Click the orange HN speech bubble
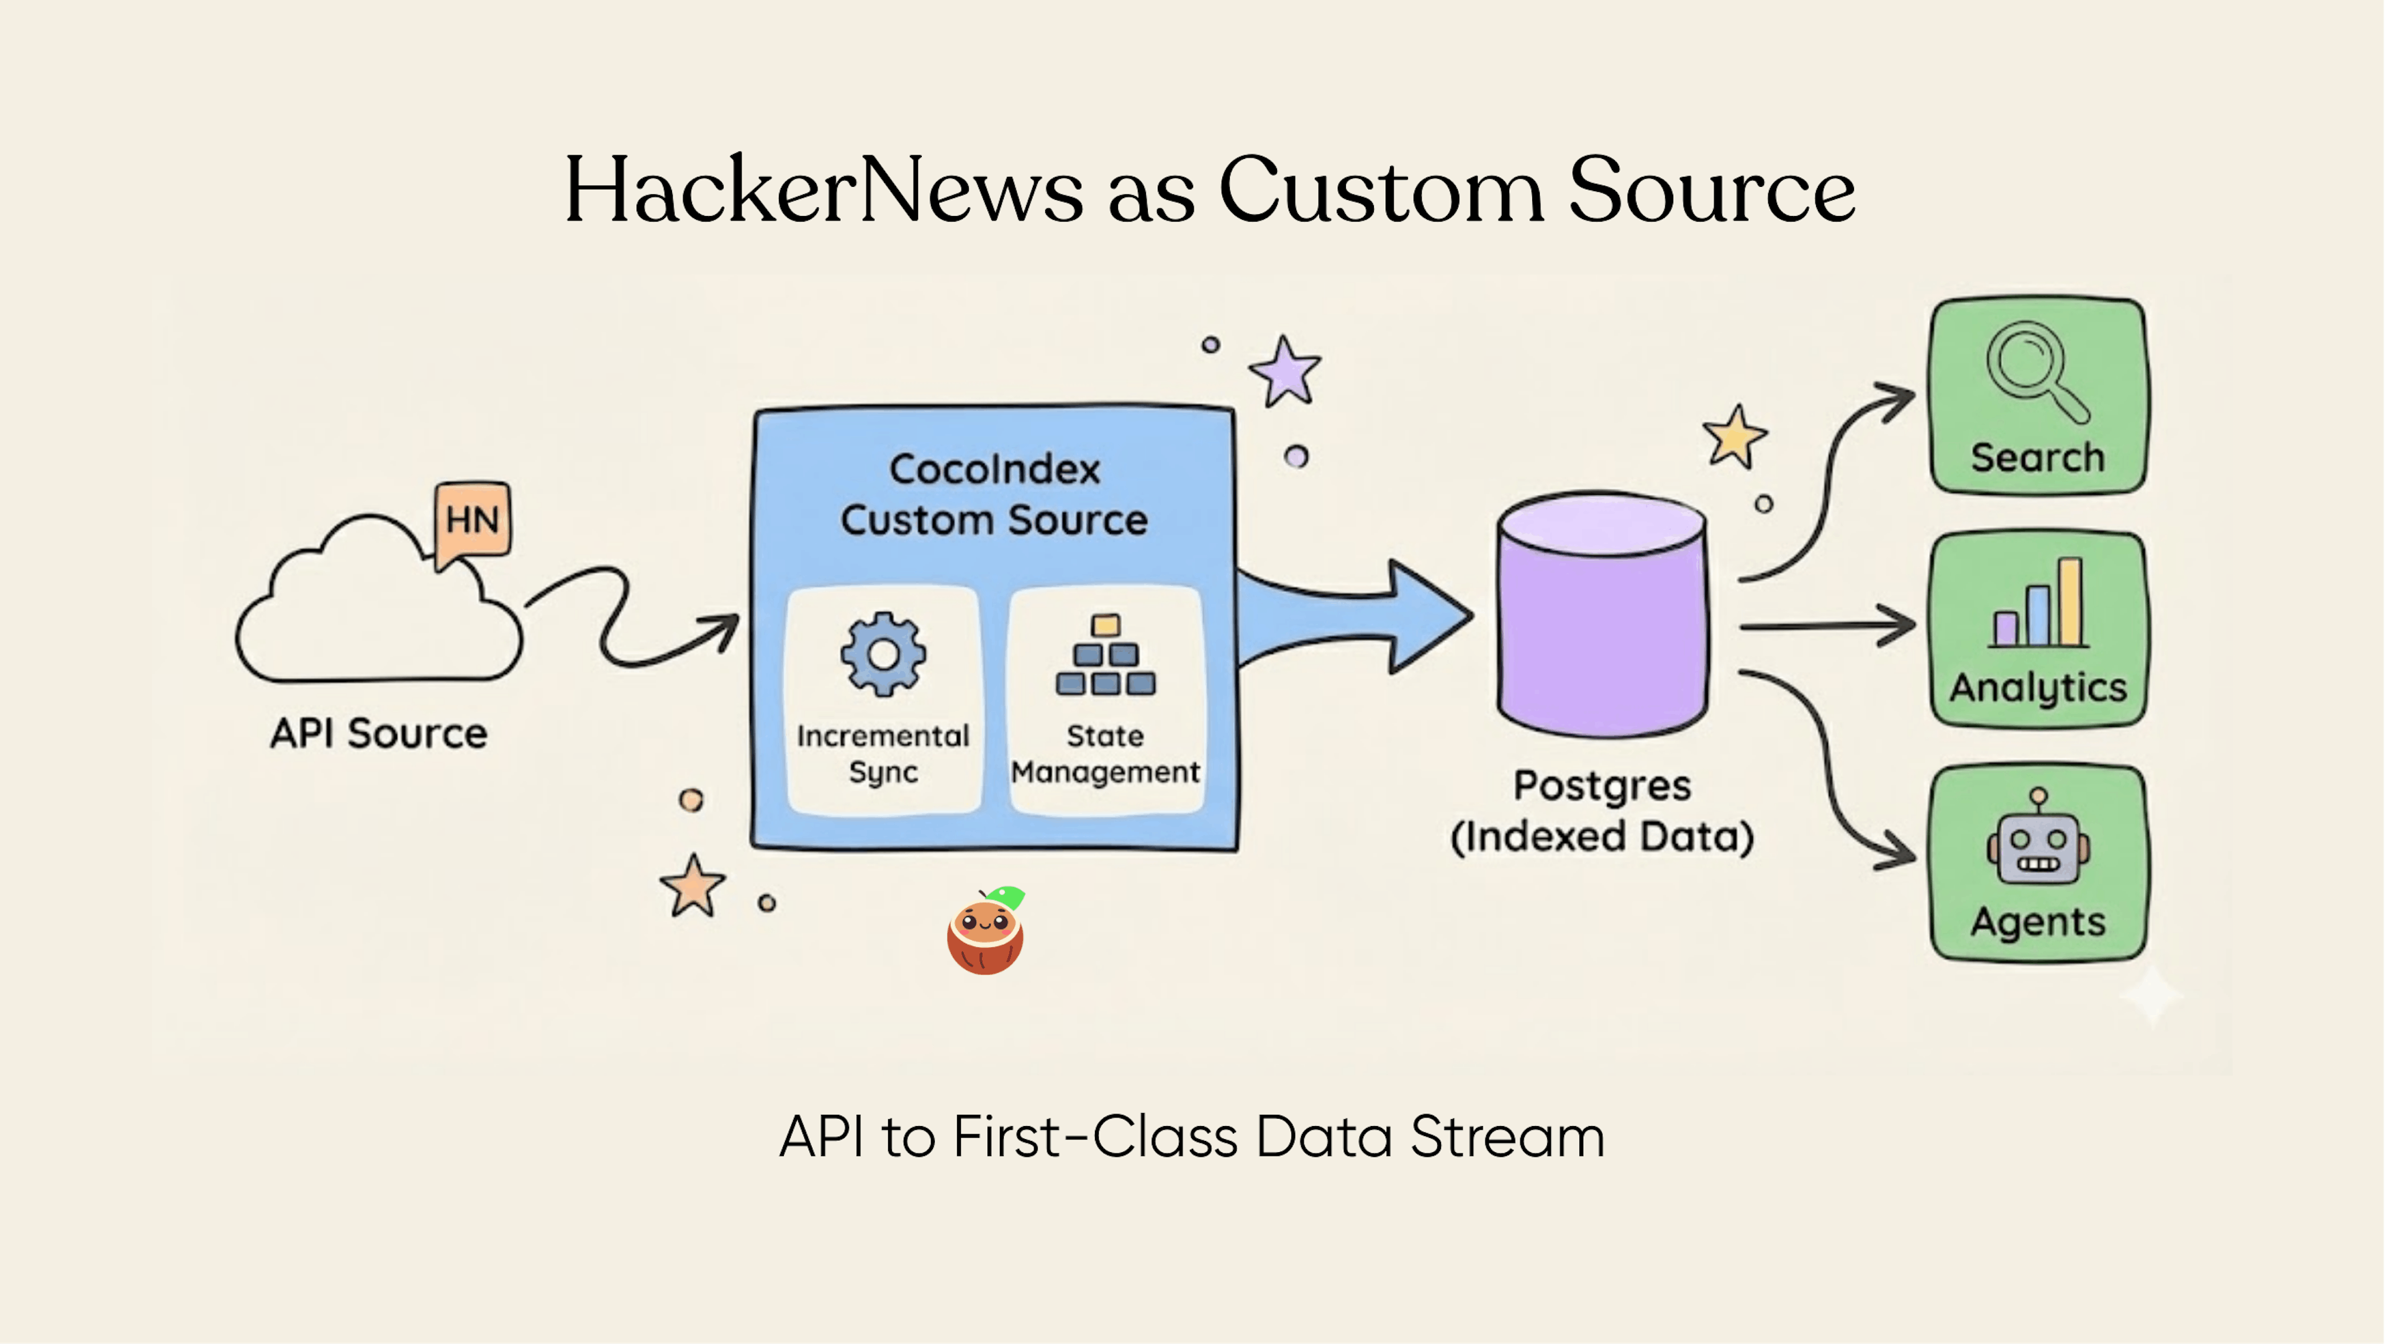[x=472, y=520]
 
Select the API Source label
[x=379, y=733]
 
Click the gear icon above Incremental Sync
[x=883, y=654]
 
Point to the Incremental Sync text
[x=883, y=754]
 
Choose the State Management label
[x=1106, y=754]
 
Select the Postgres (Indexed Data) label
[x=1602, y=811]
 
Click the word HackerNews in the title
[x=824, y=192]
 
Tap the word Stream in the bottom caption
[x=1507, y=1137]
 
